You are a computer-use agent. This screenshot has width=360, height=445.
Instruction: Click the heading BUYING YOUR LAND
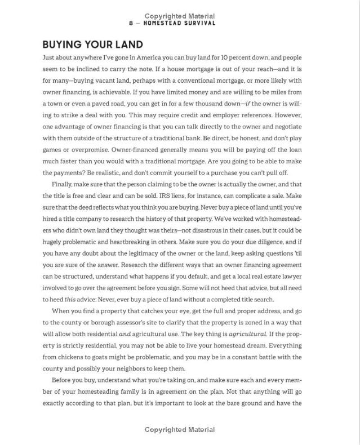click(x=93, y=44)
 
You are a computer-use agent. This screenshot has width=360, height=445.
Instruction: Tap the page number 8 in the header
click(x=131, y=24)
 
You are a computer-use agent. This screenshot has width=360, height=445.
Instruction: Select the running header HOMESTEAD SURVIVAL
click(x=179, y=24)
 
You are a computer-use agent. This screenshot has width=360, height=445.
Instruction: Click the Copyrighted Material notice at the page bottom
click(x=180, y=429)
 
